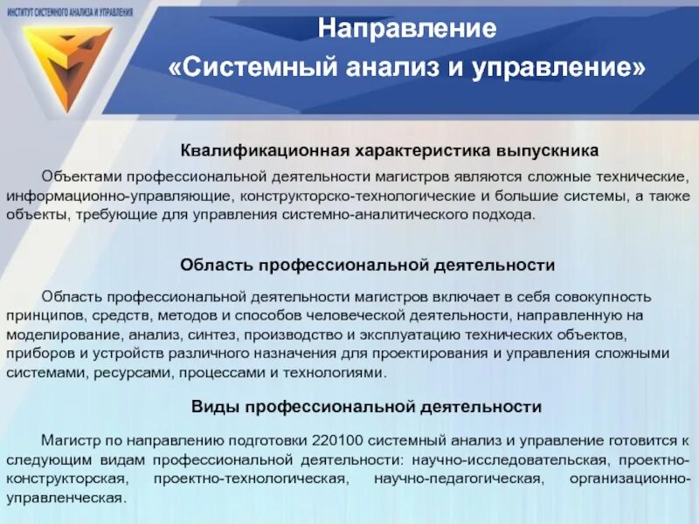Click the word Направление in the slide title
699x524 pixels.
[x=407, y=28]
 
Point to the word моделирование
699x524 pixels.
[x=63, y=334]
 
